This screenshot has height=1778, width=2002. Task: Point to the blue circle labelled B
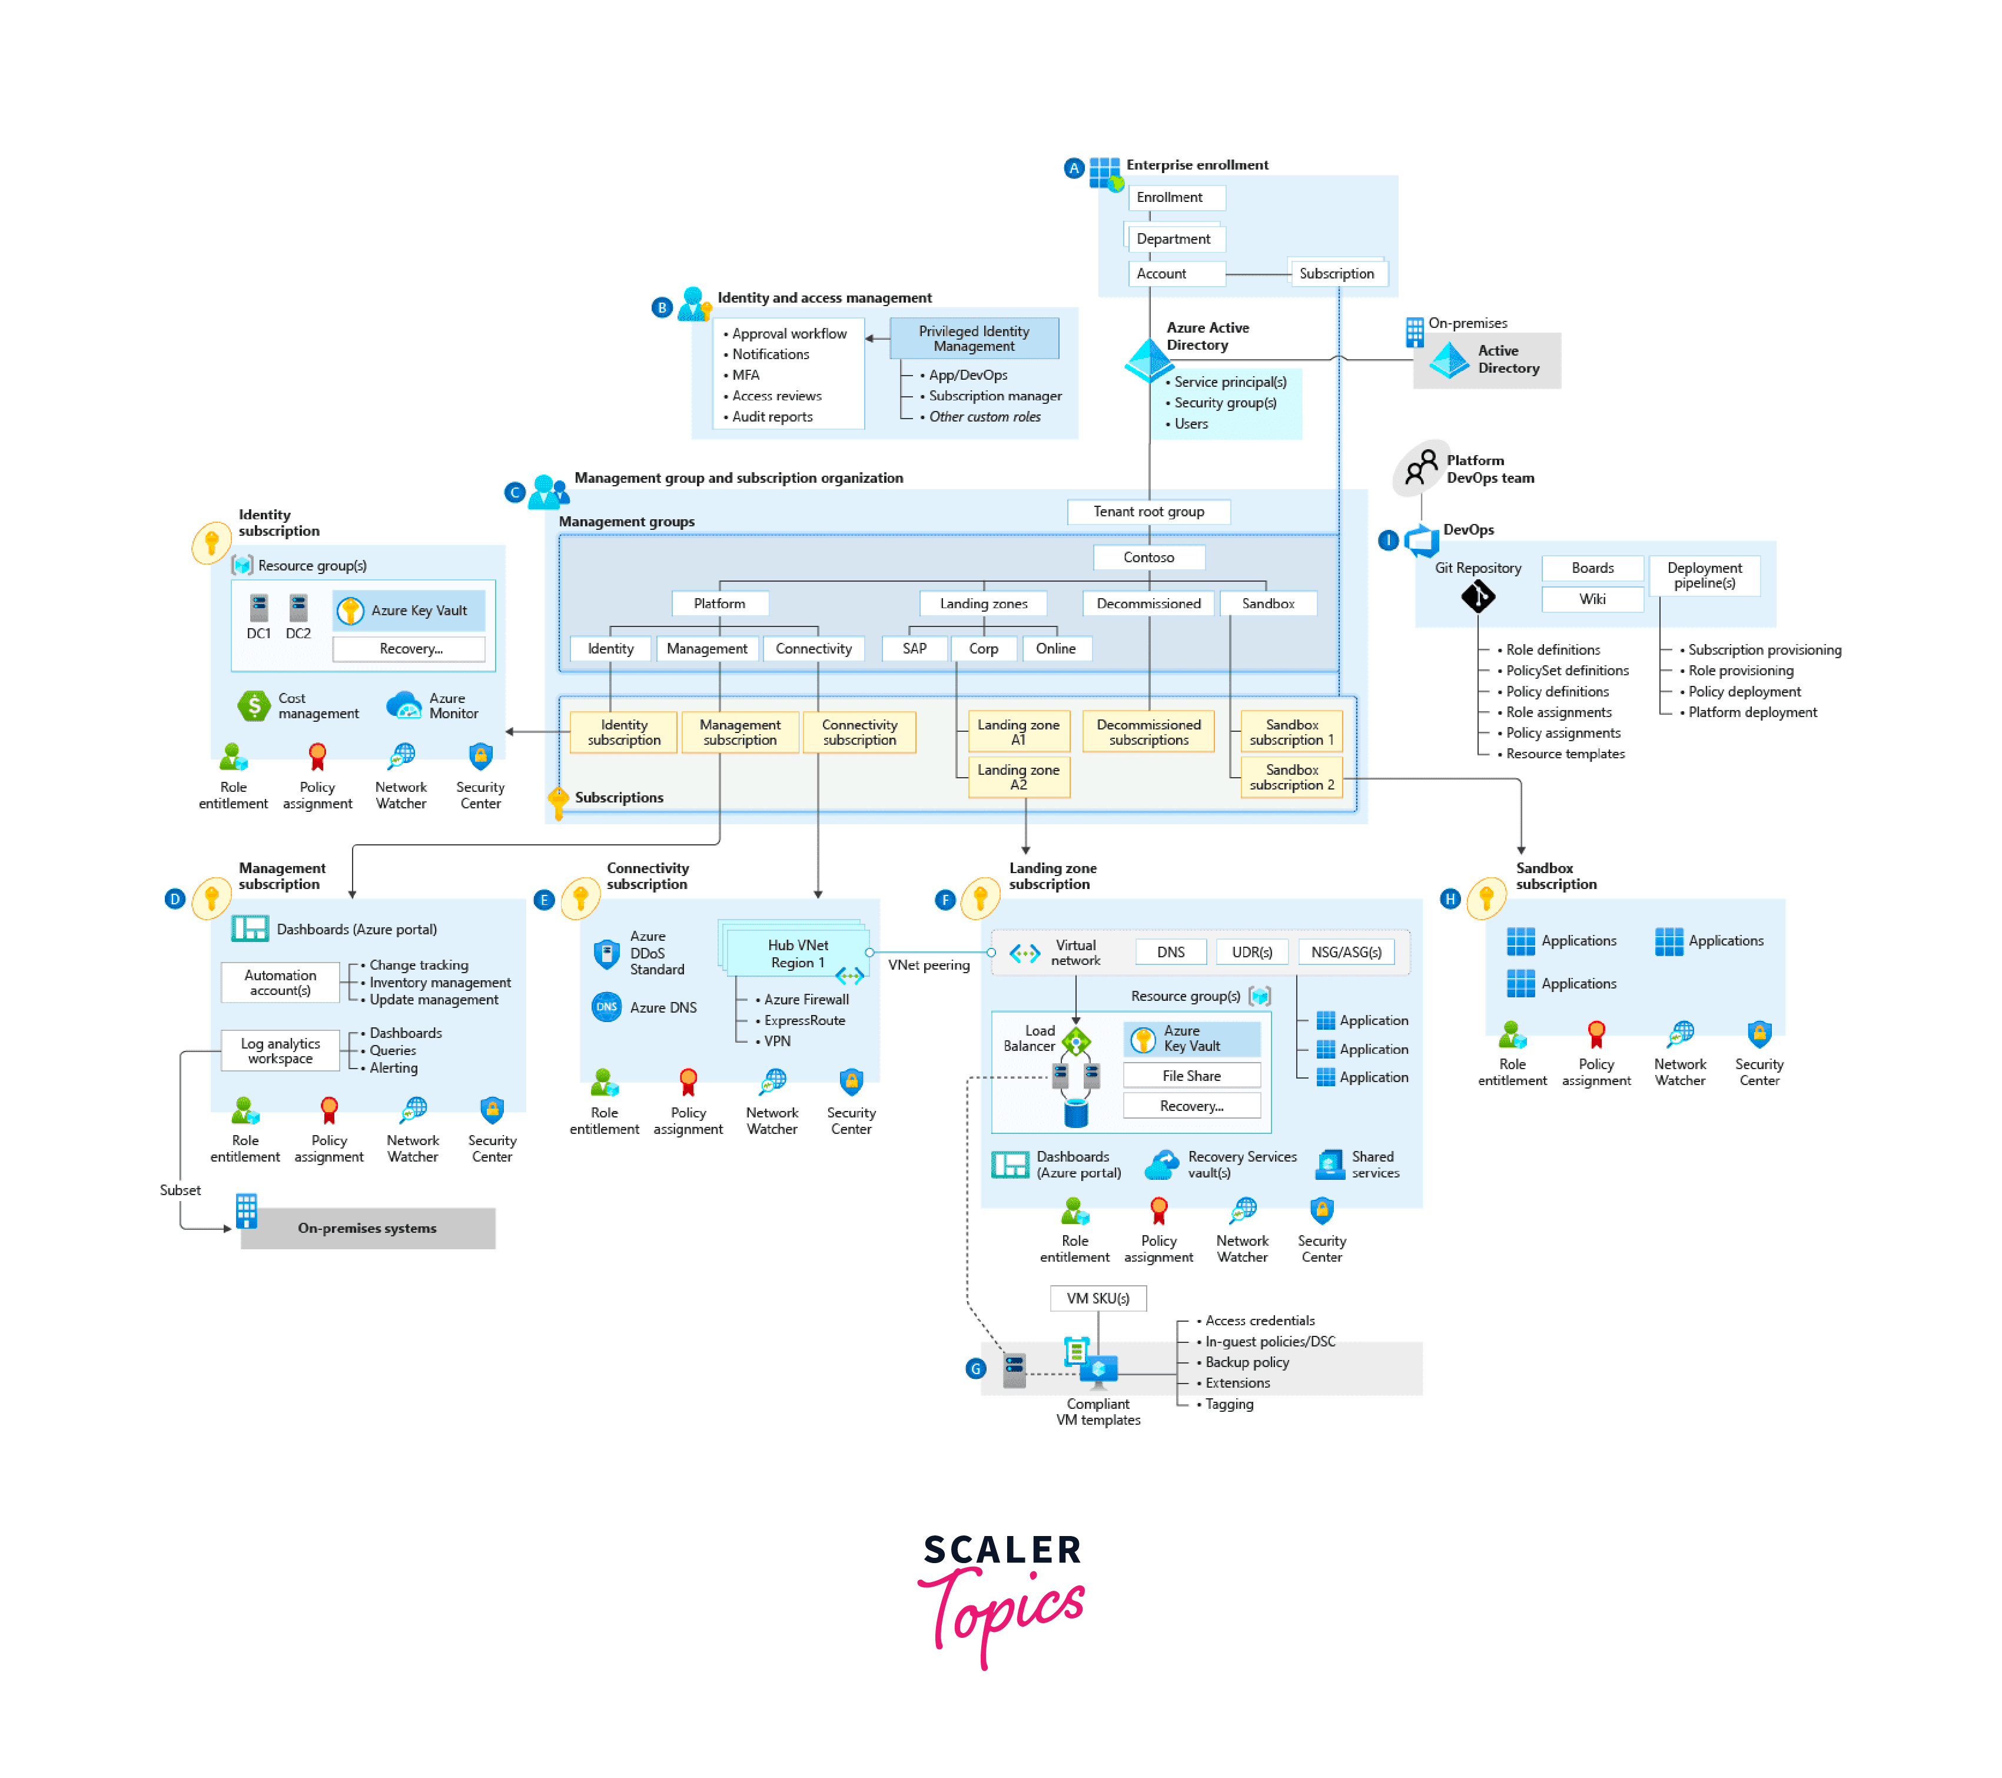[x=662, y=307]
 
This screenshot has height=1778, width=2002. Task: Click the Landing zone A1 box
[x=1018, y=732]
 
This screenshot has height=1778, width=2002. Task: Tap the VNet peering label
[x=928, y=965]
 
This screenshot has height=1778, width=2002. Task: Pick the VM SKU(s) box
[x=1097, y=1298]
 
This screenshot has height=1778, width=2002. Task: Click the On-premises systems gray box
[x=367, y=1229]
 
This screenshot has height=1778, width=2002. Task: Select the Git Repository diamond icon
[x=1477, y=596]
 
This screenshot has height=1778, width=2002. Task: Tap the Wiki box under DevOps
[x=1592, y=599]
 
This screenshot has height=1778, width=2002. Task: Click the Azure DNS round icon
[x=606, y=1007]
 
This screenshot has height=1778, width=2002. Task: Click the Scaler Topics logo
[x=1001, y=1597]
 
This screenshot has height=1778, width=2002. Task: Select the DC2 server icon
[x=298, y=608]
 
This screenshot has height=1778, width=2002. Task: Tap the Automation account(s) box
[x=280, y=983]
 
